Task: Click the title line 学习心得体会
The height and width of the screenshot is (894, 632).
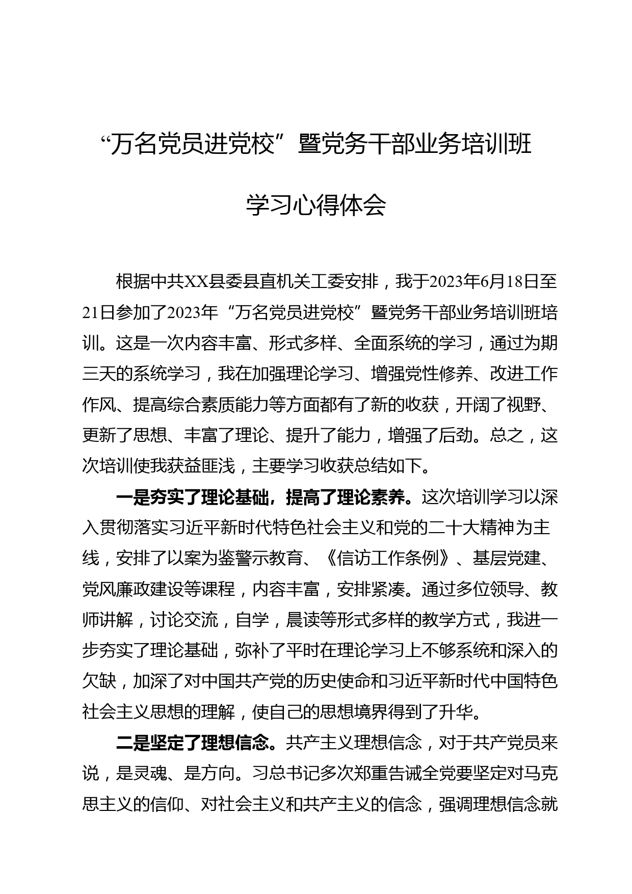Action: click(315, 205)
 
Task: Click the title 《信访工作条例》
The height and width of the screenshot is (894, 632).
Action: click(387, 559)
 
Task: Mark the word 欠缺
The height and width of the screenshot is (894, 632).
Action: click(99, 681)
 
